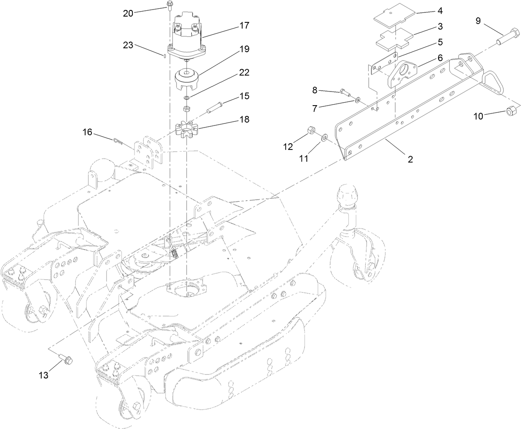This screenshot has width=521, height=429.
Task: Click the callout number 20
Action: pos(128,13)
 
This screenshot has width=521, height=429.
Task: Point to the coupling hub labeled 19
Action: pos(188,79)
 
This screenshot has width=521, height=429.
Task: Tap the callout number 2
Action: pos(410,159)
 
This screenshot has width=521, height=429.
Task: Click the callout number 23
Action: pos(128,45)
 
